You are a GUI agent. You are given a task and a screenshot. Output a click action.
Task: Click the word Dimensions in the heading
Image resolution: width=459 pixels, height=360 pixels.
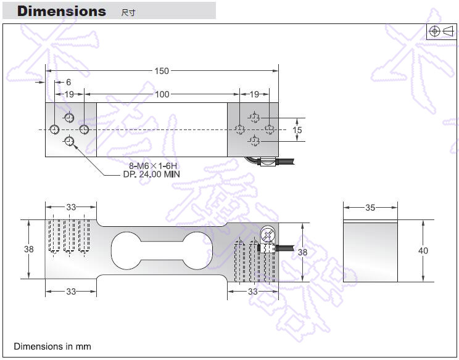pyautogui.click(x=61, y=11)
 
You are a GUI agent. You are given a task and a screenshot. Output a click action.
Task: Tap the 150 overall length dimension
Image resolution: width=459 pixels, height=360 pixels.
pyautogui.click(x=161, y=71)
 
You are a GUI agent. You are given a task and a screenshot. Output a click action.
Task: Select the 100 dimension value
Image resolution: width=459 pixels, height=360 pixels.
pyautogui.click(x=162, y=94)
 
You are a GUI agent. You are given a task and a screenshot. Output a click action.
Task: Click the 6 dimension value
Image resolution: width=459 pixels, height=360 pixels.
pyautogui.click(x=68, y=82)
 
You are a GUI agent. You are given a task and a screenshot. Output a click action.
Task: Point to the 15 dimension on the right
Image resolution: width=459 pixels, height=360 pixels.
pyautogui.click(x=297, y=130)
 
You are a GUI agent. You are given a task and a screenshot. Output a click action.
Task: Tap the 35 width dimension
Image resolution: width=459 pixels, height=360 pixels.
pyautogui.click(x=370, y=208)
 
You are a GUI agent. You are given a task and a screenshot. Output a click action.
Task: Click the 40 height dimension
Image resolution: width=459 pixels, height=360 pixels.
pyautogui.click(x=423, y=251)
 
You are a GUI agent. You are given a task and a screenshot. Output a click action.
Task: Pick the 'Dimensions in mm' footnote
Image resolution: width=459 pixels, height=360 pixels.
pyautogui.click(x=52, y=346)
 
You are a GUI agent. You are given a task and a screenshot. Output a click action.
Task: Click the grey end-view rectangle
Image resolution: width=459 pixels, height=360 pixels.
pyautogui.click(x=370, y=251)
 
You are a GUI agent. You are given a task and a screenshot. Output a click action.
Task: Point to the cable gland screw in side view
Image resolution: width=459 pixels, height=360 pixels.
pyautogui.click(x=268, y=235)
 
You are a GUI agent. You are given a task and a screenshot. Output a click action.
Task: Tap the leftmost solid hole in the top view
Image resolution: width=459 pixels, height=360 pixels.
pyautogui.click(x=55, y=129)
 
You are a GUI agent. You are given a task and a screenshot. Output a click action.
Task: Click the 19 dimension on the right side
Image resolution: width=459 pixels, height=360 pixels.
pyautogui.click(x=254, y=94)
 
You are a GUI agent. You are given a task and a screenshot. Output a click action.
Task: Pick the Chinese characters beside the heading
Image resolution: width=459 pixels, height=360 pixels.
pyautogui.click(x=128, y=13)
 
